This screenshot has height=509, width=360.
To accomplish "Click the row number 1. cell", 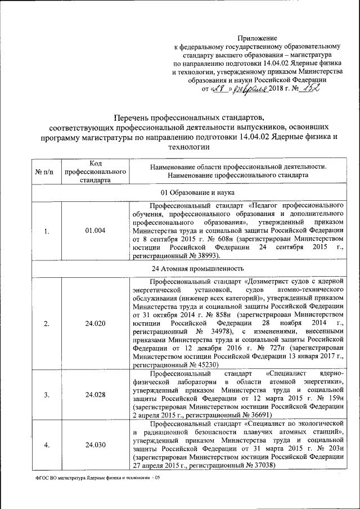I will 47,231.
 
